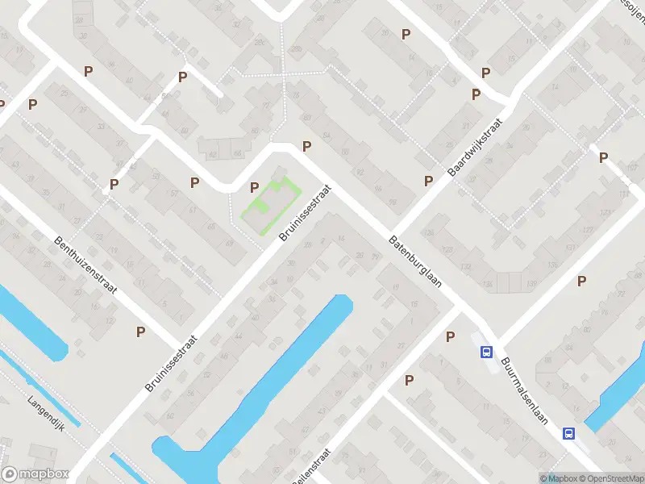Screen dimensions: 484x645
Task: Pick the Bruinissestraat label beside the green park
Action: pyautogui.click(x=306, y=211)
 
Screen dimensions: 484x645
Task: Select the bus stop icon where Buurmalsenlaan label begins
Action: pyautogui.click(x=487, y=352)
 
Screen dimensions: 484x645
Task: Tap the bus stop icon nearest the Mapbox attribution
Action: pyautogui.click(x=568, y=433)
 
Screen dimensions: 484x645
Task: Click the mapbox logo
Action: pyautogui.click(x=35, y=474)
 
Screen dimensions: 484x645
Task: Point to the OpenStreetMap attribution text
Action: pyautogui.click(x=610, y=478)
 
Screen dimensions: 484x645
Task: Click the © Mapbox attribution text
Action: pyautogui.click(x=559, y=478)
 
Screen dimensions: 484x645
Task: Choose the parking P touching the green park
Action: pyautogui.click(x=255, y=187)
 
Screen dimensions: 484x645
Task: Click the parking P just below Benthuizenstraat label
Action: pyautogui.click(x=141, y=331)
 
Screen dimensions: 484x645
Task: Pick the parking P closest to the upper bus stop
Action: pyautogui.click(x=451, y=336)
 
